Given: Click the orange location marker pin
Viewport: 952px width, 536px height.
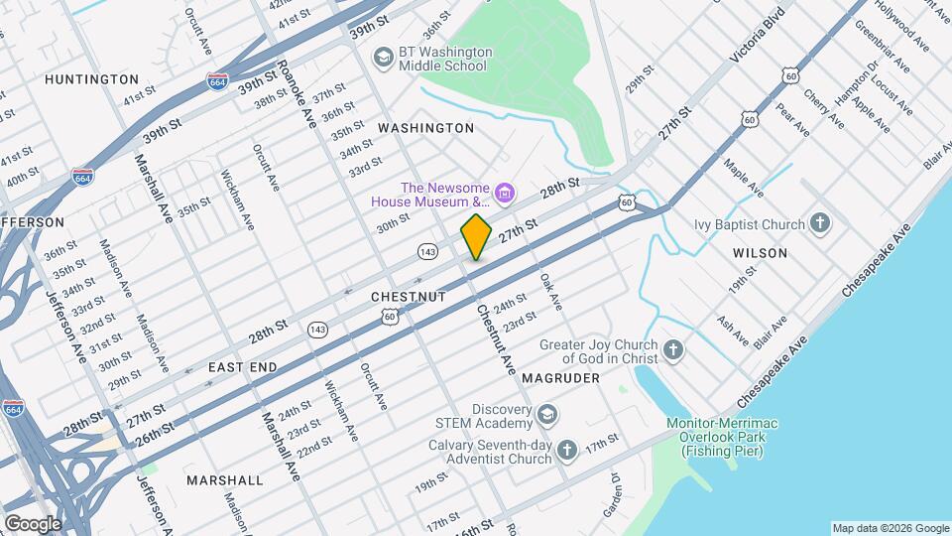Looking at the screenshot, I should point(476,236).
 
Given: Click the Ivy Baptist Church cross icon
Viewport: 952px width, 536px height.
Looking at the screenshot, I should point(819,223).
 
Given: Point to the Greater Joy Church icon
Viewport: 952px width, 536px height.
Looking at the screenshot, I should point(673,350).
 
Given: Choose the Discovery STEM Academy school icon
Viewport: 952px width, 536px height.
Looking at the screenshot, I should point(548,414).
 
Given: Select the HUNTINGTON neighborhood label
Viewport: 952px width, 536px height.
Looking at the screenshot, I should point(91,78).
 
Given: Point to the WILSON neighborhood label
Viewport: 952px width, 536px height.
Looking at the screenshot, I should point(760,253).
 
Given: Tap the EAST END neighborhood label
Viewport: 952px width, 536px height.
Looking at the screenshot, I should point(242,367).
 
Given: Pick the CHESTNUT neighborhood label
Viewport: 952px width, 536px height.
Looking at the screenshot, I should point(408,297).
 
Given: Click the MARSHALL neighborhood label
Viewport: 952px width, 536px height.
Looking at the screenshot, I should point(225,480).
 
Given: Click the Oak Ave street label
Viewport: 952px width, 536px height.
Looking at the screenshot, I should point(550,292).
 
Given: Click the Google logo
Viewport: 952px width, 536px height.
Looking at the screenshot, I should point(32,523).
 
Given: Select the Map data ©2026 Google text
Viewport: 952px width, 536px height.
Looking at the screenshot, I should point(889,527).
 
